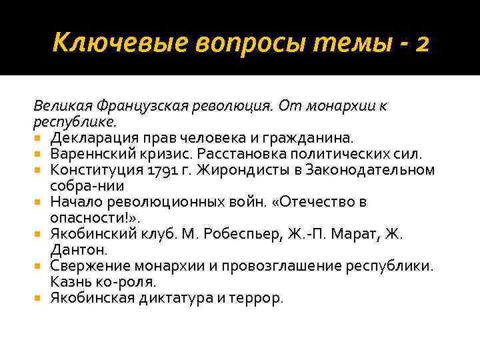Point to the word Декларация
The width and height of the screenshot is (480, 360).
click(x=89, y=138)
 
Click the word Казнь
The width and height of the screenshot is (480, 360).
click(x=69, y=282)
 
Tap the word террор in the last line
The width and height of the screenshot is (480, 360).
click(x=257, y=298)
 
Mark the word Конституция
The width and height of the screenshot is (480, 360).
click(x=89, y=170)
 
